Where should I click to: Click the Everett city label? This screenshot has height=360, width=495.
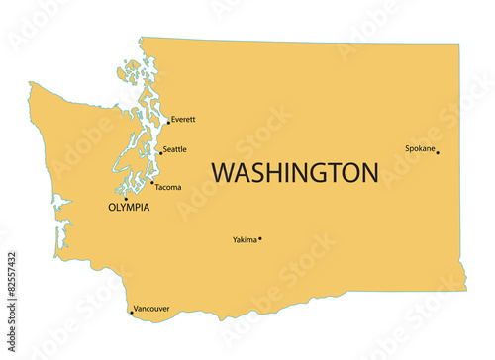183,120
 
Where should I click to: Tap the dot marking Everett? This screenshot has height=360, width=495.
168,123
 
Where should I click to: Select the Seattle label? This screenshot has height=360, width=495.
174,150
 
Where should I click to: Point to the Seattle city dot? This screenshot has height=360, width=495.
160,153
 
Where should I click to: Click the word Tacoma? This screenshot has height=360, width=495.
168,187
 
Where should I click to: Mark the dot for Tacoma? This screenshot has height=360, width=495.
151,183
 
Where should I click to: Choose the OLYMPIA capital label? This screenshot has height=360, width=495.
129,208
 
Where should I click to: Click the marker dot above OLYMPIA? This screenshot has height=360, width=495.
125,198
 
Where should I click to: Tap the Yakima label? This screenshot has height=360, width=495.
245,239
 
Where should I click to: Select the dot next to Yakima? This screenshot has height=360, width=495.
260,238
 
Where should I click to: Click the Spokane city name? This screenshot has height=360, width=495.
420,149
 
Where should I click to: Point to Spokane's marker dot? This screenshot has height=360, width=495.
438,152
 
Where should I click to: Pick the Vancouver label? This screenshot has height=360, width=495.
151,308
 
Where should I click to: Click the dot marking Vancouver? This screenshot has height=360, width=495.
131,313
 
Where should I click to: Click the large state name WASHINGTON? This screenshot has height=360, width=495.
295,173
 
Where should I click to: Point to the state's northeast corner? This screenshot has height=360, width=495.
458,45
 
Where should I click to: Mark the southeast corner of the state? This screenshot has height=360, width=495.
464,290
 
